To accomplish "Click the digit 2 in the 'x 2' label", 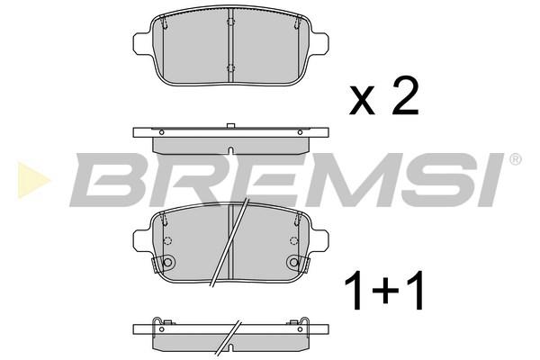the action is point(406,95).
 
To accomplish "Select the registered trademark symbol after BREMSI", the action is point(515,159).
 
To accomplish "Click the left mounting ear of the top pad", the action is point(142,43).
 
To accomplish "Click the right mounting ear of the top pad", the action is point(319,43).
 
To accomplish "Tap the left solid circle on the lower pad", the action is point(167,263).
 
